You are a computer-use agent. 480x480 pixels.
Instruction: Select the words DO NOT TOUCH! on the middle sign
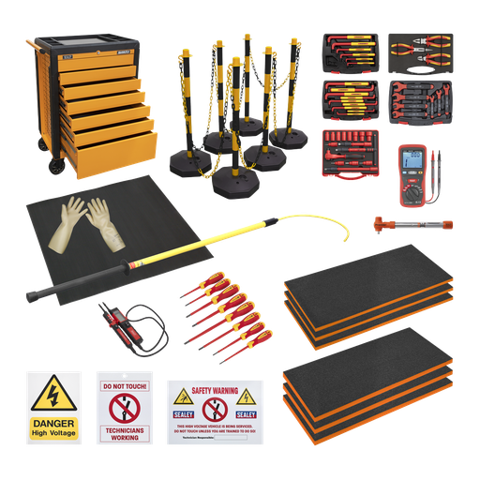[124, 385]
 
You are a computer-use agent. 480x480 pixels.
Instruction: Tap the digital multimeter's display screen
[412, 159]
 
